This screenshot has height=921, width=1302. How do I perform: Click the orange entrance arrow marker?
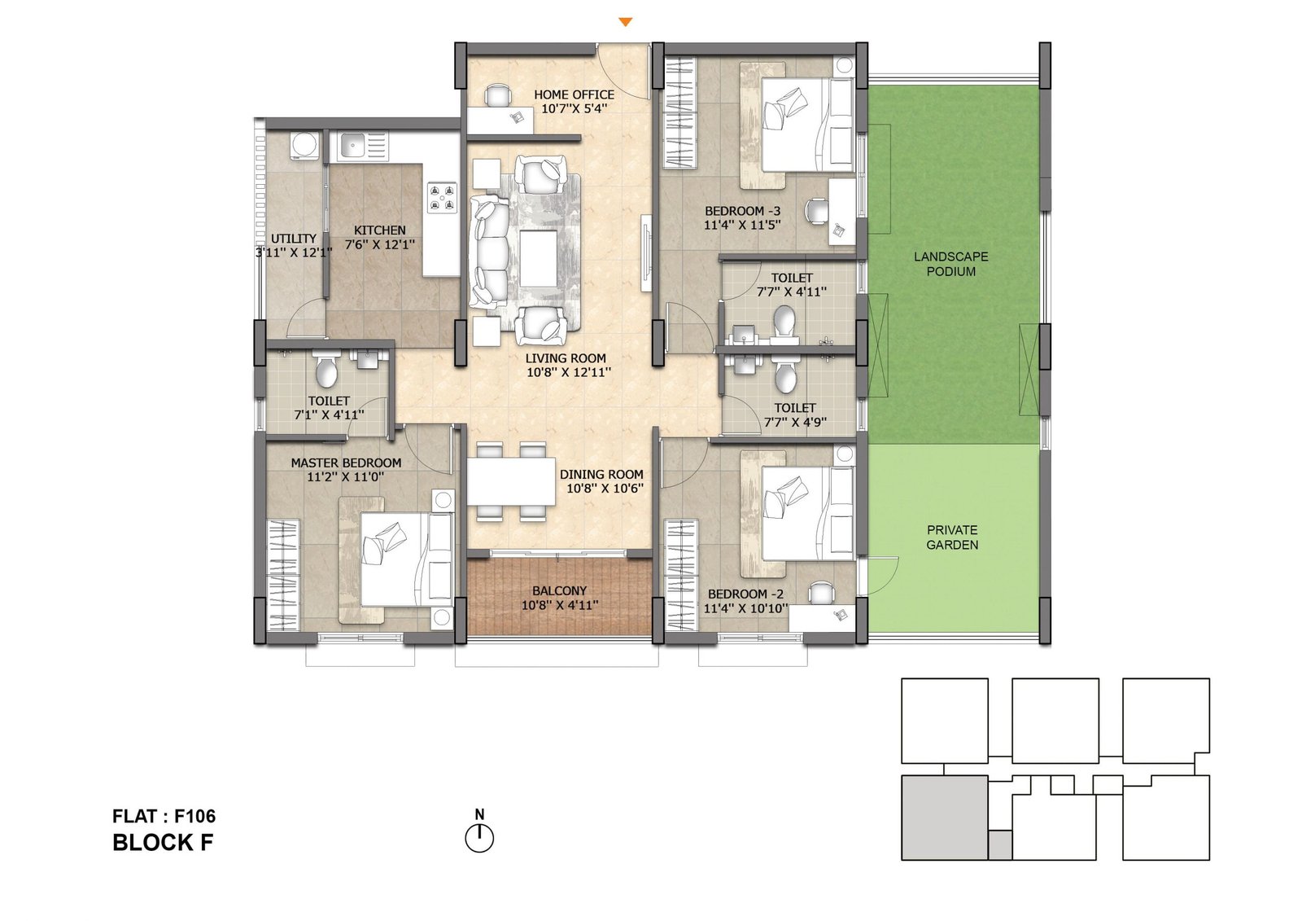[x=626, y=22]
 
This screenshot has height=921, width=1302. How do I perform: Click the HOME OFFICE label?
[x=574, y=94]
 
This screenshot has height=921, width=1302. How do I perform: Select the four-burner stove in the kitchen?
[x=441, y=198]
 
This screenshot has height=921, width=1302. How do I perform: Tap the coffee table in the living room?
[x=538, y=258]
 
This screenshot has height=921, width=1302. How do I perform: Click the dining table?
[x=512, y=481]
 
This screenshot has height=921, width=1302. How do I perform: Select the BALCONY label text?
[x=559, y=590]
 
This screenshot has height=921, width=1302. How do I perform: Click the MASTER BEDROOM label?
[x=346, y=463]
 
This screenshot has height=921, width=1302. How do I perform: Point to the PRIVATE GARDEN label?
[x=952, y=537]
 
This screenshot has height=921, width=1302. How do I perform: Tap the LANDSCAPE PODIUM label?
[x=951, y=264]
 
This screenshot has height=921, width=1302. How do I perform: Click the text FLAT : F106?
[x=164, y=816]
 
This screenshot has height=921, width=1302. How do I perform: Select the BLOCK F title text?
[x=163, y=843]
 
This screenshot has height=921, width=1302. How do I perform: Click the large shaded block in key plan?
[x=945, y=818]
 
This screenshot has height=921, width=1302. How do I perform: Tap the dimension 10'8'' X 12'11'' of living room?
[x=569, y=372]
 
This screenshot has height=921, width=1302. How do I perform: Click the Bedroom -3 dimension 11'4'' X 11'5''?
[x=742, y=225]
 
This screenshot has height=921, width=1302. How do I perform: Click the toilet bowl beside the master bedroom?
[x=326, y=371]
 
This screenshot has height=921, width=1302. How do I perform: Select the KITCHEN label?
[x=380, y=230]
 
